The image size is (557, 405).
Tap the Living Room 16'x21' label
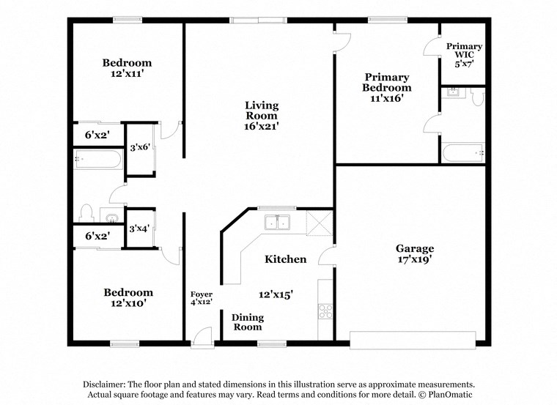(262, 116)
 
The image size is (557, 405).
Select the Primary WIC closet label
(464, 55)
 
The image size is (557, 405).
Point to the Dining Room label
(247, 322)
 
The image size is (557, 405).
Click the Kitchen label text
(285, 259)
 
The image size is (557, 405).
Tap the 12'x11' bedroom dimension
(127, 74)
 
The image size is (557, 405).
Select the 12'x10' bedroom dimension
(128, 302)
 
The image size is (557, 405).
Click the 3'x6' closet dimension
(140, 147)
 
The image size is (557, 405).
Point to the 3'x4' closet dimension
(140, 228)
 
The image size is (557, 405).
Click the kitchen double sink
(278, 223)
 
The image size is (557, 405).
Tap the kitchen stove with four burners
(325, 310)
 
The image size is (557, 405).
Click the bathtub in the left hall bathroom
(97, 159)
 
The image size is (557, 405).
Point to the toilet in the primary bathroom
(477, 97)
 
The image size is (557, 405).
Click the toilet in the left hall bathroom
(86, 213)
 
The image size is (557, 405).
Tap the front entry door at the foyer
(202, 335)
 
